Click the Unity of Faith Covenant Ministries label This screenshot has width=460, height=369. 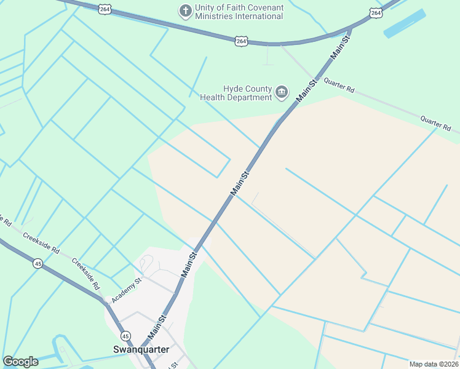coord(239,12)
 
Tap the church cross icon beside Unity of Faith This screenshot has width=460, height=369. coord(184,10)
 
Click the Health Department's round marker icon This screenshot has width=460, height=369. coord(282,93)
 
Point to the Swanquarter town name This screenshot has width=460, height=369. coord(140,349)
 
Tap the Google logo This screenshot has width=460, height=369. coord(20,362)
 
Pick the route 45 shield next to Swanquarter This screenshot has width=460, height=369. coord(125,336)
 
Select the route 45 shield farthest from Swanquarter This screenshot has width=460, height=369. coord(38,263)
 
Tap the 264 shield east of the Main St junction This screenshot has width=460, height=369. coord(376,12)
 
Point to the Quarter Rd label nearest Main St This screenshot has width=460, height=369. coord(339,85)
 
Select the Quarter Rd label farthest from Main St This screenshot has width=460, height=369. coord(435,123)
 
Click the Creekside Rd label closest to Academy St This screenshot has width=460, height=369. coord(85,274)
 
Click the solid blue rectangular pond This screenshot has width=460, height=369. coord(405,23)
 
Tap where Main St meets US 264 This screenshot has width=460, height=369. coord(350,28)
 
